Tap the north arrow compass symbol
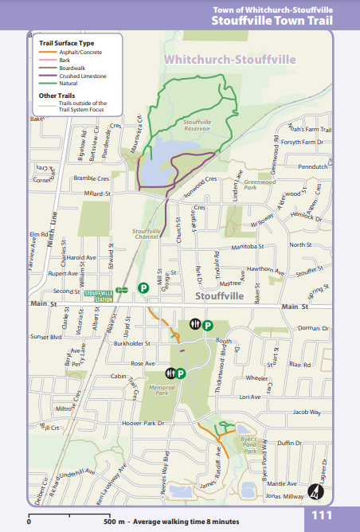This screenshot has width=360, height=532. click(316, 491)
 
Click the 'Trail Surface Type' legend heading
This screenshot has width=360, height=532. click(67, 42)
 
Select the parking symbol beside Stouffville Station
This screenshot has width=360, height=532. click(143, 288)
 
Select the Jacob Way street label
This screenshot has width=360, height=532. click(306, 412)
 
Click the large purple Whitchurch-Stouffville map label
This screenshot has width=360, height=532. click(229, 60)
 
